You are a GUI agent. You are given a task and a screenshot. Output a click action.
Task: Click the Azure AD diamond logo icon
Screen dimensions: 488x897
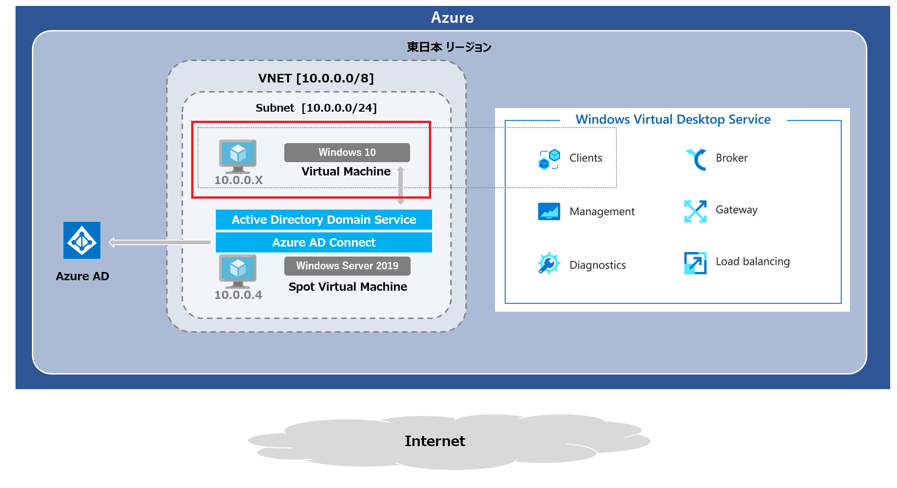click(82, 241)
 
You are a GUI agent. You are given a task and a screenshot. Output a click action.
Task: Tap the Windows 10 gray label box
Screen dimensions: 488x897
click(347, 152)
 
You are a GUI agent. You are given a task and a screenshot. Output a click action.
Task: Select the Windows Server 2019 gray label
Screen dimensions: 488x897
click(347, 266)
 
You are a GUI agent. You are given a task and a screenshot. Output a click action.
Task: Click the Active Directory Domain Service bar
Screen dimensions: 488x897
click(323, 220)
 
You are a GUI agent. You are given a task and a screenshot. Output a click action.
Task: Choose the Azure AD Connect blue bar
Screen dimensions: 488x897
click(323, 242)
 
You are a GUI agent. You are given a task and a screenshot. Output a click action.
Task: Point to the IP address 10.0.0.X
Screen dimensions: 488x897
click(239, 180)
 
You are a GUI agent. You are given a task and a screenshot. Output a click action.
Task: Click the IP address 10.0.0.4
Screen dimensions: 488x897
click(238, 295)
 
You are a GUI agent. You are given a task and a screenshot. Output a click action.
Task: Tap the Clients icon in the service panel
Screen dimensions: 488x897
click(549, 159)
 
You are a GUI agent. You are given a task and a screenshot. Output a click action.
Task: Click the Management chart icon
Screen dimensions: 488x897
click(549, 211)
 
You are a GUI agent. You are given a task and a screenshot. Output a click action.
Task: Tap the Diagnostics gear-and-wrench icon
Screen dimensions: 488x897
click(548, 263)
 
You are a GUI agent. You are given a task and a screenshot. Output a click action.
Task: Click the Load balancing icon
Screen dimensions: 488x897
click(695, 263)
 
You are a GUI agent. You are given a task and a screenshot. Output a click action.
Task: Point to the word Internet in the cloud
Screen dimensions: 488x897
click(435, 441)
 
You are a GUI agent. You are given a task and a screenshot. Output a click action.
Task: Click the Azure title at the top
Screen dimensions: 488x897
click(452, 18)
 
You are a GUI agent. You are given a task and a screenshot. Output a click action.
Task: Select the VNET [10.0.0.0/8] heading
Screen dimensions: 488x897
click(316, 78)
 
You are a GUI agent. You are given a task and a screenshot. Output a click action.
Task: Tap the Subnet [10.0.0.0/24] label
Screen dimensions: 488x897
click(316, 108)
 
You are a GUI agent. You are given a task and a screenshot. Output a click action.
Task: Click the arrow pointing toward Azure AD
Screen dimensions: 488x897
click(160, 242)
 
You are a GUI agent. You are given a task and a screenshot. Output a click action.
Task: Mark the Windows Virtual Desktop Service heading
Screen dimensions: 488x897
click(673, 119)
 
